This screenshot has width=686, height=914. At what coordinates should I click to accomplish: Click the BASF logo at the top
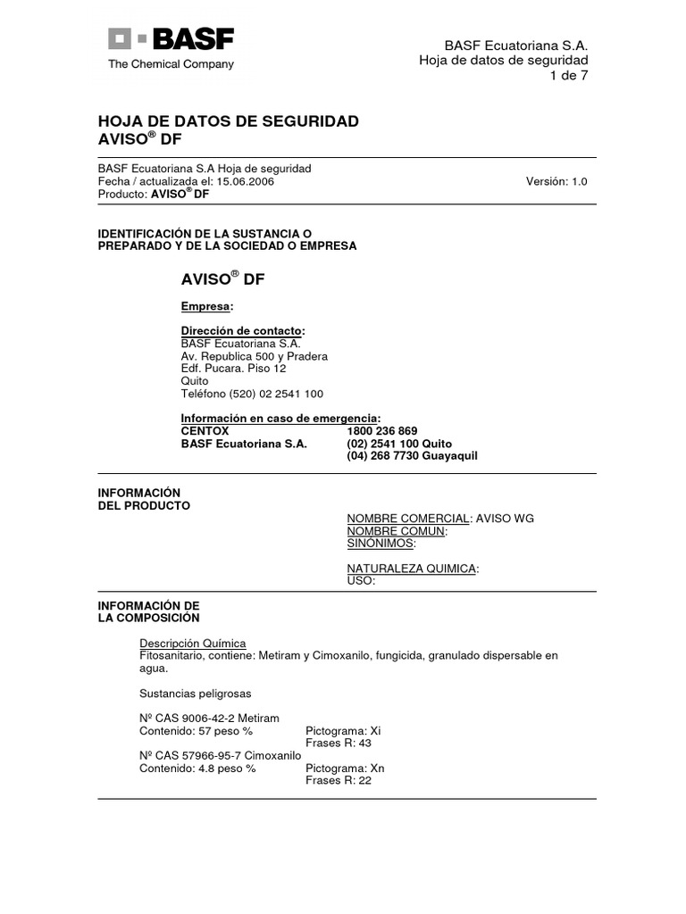pos(171,39)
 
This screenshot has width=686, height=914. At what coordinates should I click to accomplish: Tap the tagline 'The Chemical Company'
pos(171,64)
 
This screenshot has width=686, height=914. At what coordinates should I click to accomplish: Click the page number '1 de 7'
pos(568,75)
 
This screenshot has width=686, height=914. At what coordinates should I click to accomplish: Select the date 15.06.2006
pos(245,181)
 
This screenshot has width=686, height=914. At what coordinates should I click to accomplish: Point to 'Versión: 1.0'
pos(556,181)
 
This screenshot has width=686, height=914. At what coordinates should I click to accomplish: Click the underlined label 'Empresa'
pos(205,306)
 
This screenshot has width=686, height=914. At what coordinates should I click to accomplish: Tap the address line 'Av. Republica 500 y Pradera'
pos(255,356)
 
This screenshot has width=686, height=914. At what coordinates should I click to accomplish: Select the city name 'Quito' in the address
pos(195,381)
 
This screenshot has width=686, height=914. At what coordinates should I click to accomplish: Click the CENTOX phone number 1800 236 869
pos(382,431)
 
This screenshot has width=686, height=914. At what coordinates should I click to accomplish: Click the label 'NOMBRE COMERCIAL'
pos(408,519)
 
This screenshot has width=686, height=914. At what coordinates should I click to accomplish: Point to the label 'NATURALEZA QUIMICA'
pos(411,569)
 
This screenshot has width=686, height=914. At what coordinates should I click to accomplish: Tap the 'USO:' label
pos(360,580)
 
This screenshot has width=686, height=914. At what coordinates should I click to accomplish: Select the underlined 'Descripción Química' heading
pos(193,644)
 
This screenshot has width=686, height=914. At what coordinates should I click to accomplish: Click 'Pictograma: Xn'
pos(343,769)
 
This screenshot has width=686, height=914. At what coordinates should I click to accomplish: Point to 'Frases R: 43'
pos(339,743)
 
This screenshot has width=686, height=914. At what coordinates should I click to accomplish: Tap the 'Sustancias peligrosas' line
pos(196,694)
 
